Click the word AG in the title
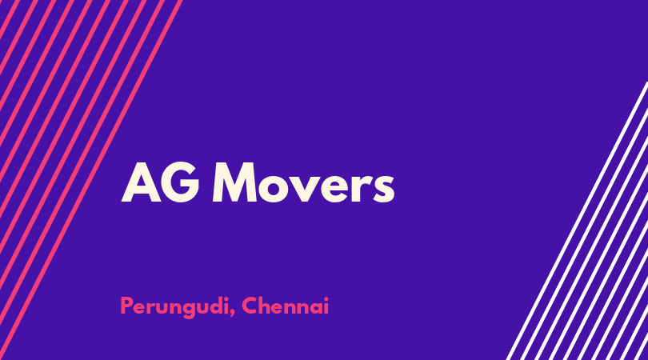pos(160,182)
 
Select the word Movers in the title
pos(303,182)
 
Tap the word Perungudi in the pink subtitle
pos(174,306)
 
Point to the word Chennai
pos(285,306)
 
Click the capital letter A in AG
pos(141,182)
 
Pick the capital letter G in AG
pos(179,182)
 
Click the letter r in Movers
pos(362,188)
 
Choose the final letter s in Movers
pos(384,188)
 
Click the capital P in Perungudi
pos(127,306)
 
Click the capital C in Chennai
pos(250,306)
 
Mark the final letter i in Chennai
pos(326,306)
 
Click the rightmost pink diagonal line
pos(91,180)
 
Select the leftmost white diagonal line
pos(577,221)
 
